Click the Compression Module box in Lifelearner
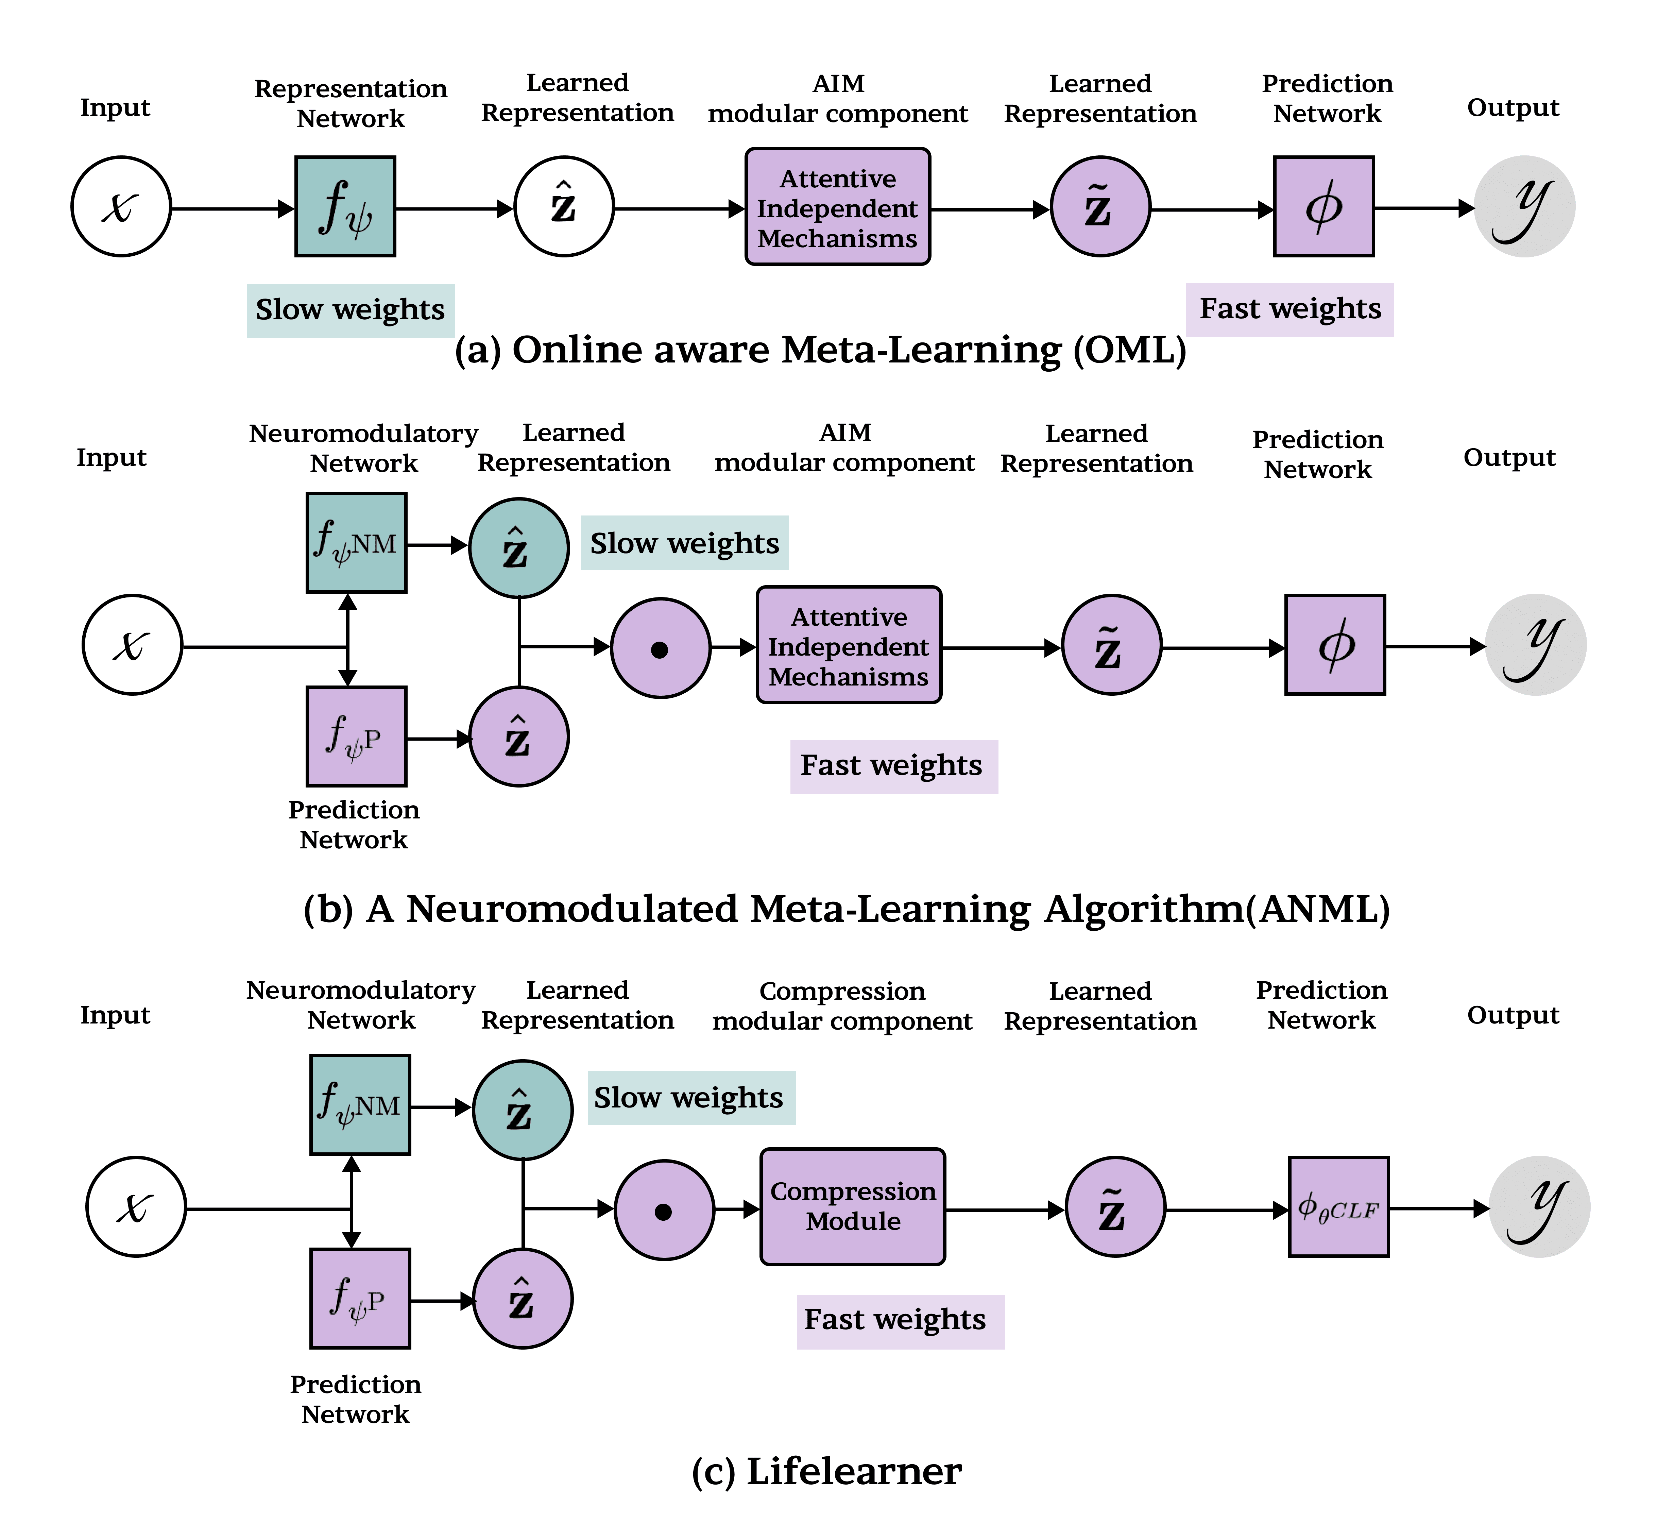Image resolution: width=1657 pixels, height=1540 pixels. pyautogui.click(x=852, y=1206)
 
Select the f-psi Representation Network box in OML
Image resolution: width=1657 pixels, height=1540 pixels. pyautogui.click(x=345, y=207)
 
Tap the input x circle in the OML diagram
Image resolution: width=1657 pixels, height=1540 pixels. pyautogui.click(x=121, y=207)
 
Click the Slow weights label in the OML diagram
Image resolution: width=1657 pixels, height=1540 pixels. pyautogui.click(x=350, y=310)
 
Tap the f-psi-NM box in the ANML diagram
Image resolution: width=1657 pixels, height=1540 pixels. pyautogui.click(x=357, y=542)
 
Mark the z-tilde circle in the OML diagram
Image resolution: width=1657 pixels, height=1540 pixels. pyautogui.click(x=1100, y=207)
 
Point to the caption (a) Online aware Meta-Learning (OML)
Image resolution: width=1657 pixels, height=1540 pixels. pyautogui.click(x=821, y=350)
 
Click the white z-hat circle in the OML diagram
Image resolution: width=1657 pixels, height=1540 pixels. pyautogui.click(x=564, y=207)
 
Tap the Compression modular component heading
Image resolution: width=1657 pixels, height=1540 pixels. pyautogui.click(x=842, y=1006)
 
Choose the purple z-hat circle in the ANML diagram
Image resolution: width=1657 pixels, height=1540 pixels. pyautogui.click(x=519, y=737)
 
